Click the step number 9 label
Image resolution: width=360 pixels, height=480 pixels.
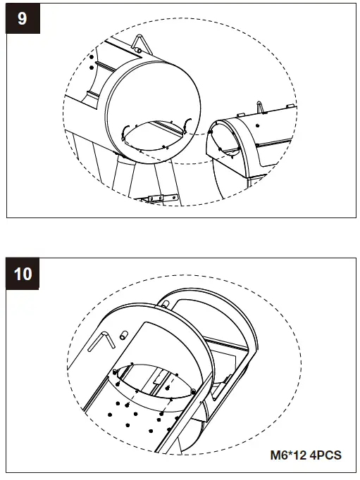tap(23, 18)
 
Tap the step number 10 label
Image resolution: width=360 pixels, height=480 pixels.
tap(23, 273)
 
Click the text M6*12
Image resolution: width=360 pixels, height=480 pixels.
tap(288, 455)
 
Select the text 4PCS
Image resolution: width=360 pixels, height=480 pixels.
tap(325, 455)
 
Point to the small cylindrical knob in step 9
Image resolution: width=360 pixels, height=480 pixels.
tap(137, 50)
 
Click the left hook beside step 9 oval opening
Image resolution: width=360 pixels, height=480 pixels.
tap(124, 133)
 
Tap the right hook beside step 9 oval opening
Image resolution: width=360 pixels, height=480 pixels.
tap(187, 125)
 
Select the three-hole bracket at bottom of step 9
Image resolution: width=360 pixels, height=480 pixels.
tap(163, 198)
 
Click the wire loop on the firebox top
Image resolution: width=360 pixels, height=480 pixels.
tap(260, 107)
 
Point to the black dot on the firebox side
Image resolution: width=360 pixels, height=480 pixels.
tap(258, 125)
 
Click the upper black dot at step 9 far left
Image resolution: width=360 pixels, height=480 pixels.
tap(92, 56)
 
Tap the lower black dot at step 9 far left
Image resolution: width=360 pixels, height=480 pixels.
tap(92, 68)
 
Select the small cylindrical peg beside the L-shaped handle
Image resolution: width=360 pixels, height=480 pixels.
tap(123, 335)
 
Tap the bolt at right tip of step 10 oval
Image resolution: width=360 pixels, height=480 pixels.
tap(193, 391)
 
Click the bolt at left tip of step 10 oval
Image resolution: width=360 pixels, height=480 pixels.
tap(115, 372)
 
